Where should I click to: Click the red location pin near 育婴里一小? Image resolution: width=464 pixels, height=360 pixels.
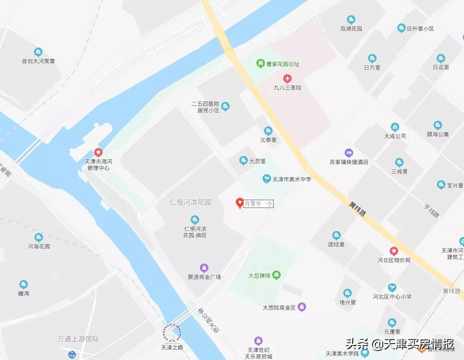(240, 203)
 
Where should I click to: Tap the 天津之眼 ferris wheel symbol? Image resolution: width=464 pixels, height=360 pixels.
(172, 332)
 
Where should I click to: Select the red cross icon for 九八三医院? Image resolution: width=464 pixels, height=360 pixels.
(287, 79)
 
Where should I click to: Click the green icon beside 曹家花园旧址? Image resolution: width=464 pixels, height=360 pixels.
(260, 64)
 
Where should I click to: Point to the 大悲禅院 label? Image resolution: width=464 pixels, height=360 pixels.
(259, 275)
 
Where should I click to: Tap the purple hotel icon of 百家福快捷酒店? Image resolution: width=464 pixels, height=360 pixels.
(349, 153)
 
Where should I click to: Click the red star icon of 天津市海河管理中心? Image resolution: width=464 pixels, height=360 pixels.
(98, 153)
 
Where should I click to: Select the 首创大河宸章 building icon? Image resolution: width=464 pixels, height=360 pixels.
(38, 52)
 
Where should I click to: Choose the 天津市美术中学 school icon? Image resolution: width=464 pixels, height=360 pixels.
(267, 179)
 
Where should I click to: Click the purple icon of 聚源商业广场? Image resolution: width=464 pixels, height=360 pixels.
(204, 268)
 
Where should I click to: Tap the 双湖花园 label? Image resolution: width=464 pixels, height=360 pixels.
(351, 28)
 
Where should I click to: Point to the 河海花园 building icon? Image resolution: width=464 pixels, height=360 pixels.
(39, 237)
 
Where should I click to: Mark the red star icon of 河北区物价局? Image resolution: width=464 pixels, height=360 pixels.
(394, 251)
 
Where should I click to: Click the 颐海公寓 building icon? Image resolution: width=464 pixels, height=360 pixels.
(438, 125)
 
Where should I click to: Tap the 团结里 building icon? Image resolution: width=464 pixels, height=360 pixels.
(336, 235)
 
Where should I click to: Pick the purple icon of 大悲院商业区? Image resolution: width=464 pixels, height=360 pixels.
(302, 307)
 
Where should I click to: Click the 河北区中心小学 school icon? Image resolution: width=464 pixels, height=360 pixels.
(392, 287)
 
